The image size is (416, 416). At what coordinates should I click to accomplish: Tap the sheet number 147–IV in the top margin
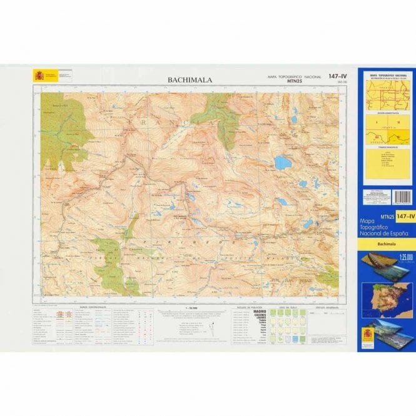337,76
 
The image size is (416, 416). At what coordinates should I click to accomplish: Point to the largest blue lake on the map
283,163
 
